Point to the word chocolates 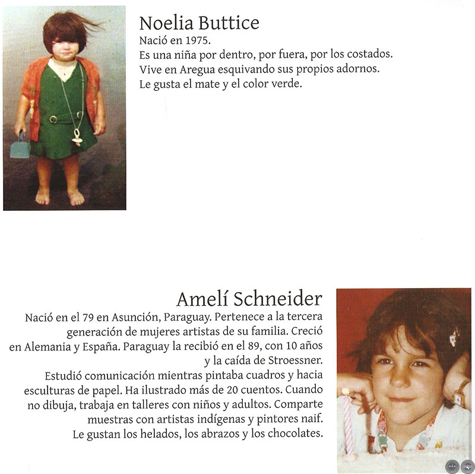point(293,434)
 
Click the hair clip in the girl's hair point(454,336)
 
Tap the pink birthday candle point(347,422)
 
